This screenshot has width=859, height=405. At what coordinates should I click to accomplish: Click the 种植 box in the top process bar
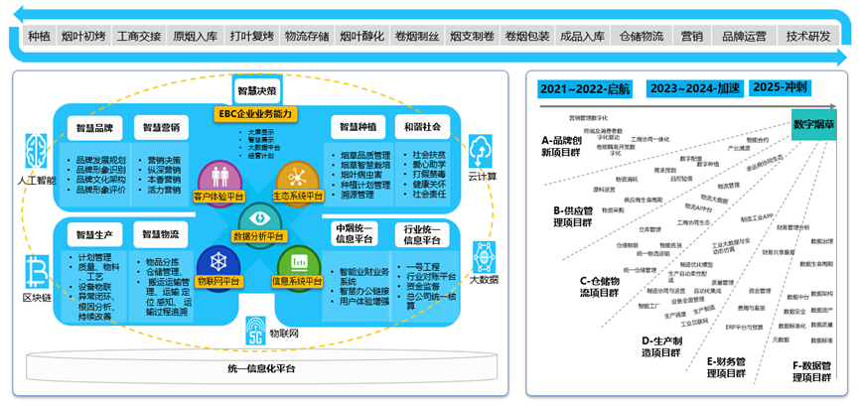pyautogui.click(x=39, y=37)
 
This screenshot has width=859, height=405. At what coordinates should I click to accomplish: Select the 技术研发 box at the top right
pyautogui.click(x=808, y=37)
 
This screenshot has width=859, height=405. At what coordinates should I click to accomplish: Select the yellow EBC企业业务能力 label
pyautogui.click(x=256, y=114)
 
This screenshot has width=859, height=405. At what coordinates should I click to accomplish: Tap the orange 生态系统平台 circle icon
pyautogui.click(x=296, y=177)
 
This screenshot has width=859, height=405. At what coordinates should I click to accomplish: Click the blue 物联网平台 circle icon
pyautogui.click(x=215, y=263)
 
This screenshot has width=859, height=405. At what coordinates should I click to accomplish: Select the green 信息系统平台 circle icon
pyautogui.click(x=298, y=263)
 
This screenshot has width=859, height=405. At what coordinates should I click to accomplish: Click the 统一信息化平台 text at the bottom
pyautogui.click(x=259, y=369)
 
